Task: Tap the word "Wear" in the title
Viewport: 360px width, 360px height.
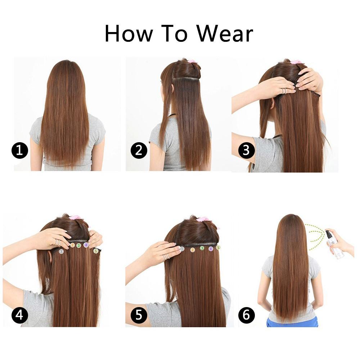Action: pyautogui.click(x=225, y=34)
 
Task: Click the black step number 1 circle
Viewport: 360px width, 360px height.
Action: pyautogui.click(x=19, y=150)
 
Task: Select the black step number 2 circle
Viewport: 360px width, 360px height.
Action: pyautogui.click(x=139, y=150)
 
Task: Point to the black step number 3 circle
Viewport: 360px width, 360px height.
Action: pyautogui.click(x=246, y=150)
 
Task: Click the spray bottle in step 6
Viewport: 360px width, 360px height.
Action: pyautogui.click(x=334, y=245)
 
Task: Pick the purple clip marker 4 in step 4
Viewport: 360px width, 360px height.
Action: pyautogui.click(x=86, y=245)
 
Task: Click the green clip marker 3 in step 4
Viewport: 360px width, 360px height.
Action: pyautogui.click(x=78, y=246)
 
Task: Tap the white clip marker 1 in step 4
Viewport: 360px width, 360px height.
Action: pyautogui.click(x=61, y=251)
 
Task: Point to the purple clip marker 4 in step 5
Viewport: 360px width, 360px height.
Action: pyautogui.click(x=211, y=248)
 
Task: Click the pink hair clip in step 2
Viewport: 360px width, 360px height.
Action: pyautogui.click(x=191, y=62)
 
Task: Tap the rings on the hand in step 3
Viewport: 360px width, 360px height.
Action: pyautogui.click(x=284, y=91)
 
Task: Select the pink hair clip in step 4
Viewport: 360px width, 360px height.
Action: pyautogui.click(x=75, y=218)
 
